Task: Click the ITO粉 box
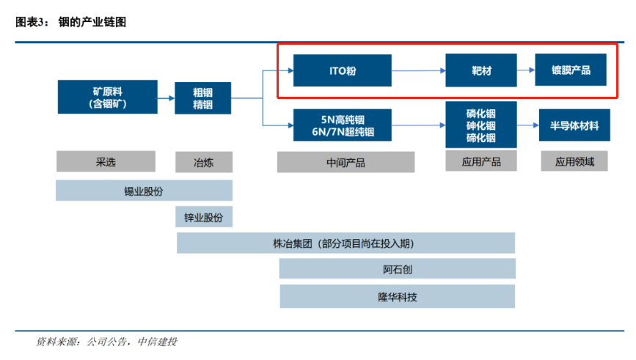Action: point(343,70)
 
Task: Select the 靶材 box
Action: point(481,70)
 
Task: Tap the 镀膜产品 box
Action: point(571,70)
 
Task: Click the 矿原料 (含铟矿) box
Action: point(108,97)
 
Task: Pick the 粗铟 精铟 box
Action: point(202,98)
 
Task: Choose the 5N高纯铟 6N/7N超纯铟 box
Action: point(343,125)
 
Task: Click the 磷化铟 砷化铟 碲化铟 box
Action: point(481,125)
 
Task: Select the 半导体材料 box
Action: point(574,125)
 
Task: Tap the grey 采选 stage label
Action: point(106,161)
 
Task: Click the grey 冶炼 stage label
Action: point(204,162)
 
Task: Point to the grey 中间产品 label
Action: point(346,162)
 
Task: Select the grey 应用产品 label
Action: point(481,161)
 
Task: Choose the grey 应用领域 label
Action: point(574,161)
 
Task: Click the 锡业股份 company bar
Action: point(144,191)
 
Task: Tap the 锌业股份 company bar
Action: point(204,217)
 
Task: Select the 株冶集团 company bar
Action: point(346,243)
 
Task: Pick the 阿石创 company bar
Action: point(398,269)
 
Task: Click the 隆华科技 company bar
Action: point(398,296)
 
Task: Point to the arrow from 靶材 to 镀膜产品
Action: point(526,70)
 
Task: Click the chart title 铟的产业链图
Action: point(92,22)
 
